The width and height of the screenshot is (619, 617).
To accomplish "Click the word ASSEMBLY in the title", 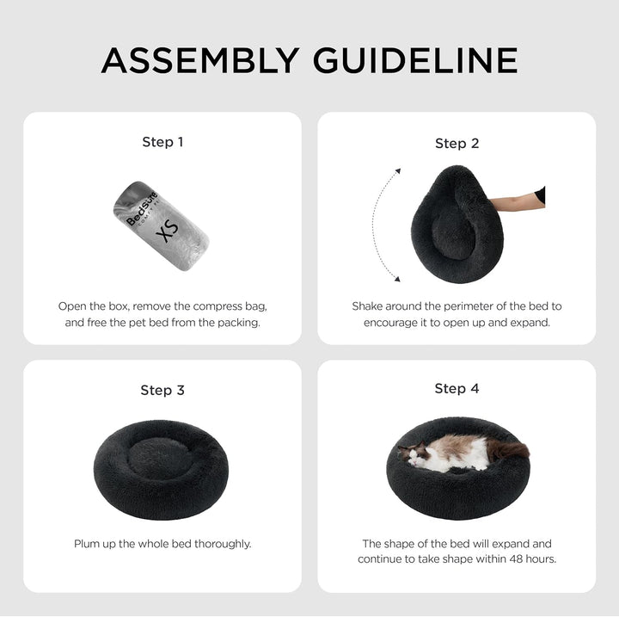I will click(x=200, y=60).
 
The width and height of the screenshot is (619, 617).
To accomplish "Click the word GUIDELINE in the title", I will click(x=415, y=60).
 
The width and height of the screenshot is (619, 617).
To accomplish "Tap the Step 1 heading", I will click(x=162, y=142).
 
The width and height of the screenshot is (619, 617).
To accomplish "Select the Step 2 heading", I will click(x=457, y=144).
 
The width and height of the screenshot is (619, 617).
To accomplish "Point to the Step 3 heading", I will click(x=162, y=391).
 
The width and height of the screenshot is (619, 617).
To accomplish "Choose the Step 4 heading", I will click(x=457, y=389).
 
